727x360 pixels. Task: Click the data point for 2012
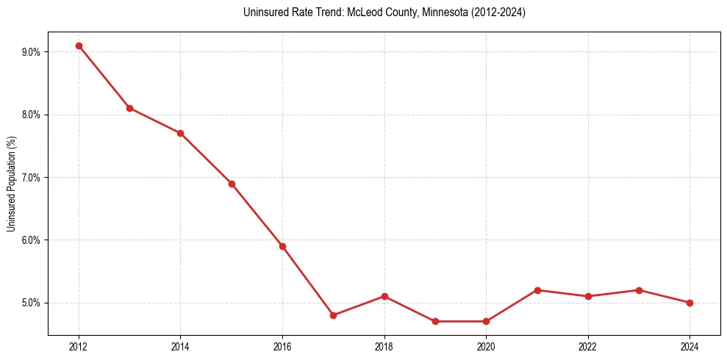click(x=79, y=46)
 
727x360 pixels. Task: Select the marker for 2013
click(x=129, y=108)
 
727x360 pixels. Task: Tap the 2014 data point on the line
click(x=180, y=133)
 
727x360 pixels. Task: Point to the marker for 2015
click(x=232, y=184)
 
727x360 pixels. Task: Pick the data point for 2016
click(x=282, y=246)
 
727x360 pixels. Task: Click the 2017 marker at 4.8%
click(x=333, y=315)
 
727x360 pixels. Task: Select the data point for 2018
click(x=384, y=296)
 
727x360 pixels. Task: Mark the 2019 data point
click(x=435, y=321)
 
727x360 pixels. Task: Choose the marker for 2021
click(x=537, y=290)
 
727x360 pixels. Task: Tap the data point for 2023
click(x=639, y=290)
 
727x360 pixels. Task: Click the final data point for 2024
click(x=690, y=303)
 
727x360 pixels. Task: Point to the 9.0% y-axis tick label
click(x=32, y=52)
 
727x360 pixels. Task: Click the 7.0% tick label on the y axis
click(x=32, y=178)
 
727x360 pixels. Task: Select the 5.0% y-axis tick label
click(x=32, y=303)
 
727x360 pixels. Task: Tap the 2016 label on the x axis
click(x=282, y=346)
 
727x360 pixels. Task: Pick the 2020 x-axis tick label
click(x=486, y=346)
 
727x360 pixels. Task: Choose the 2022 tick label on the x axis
click(x=588, y=346)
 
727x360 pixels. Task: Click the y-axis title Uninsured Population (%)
click(x=11, y=184)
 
